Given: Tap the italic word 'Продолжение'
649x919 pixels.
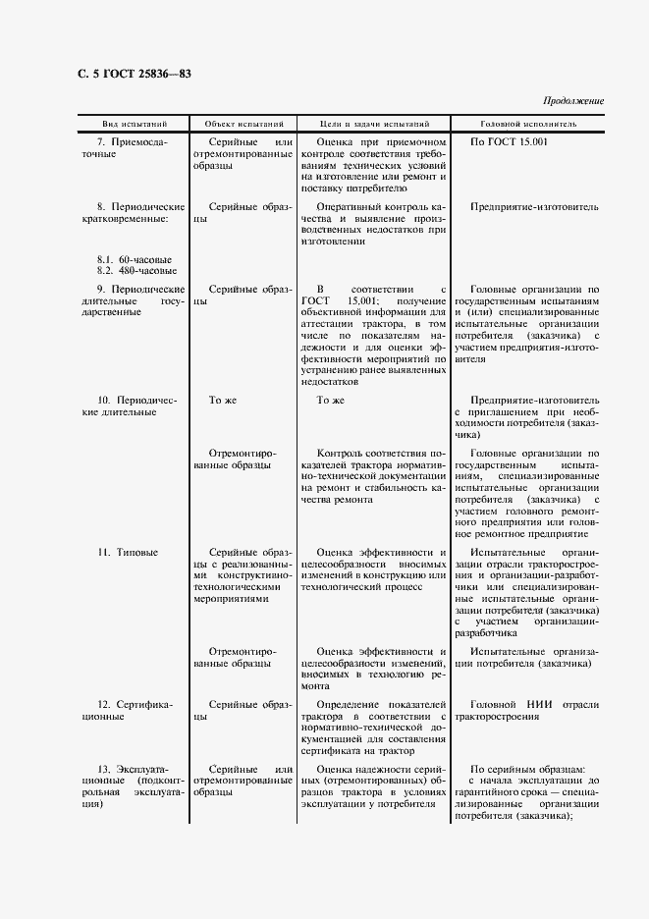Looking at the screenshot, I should (x=572, y=101).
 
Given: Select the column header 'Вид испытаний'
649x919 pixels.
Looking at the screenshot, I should (x=135, y=125).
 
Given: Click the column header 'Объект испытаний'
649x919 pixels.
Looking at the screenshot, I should (x=244, y=125).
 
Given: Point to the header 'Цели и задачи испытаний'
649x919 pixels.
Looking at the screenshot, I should (x=375, y=125).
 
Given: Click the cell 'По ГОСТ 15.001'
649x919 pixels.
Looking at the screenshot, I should (x=509, y=143).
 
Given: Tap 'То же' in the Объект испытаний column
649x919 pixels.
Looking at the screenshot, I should (x=223, y=401).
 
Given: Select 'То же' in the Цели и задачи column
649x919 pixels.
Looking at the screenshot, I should (x=331, y=401).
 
